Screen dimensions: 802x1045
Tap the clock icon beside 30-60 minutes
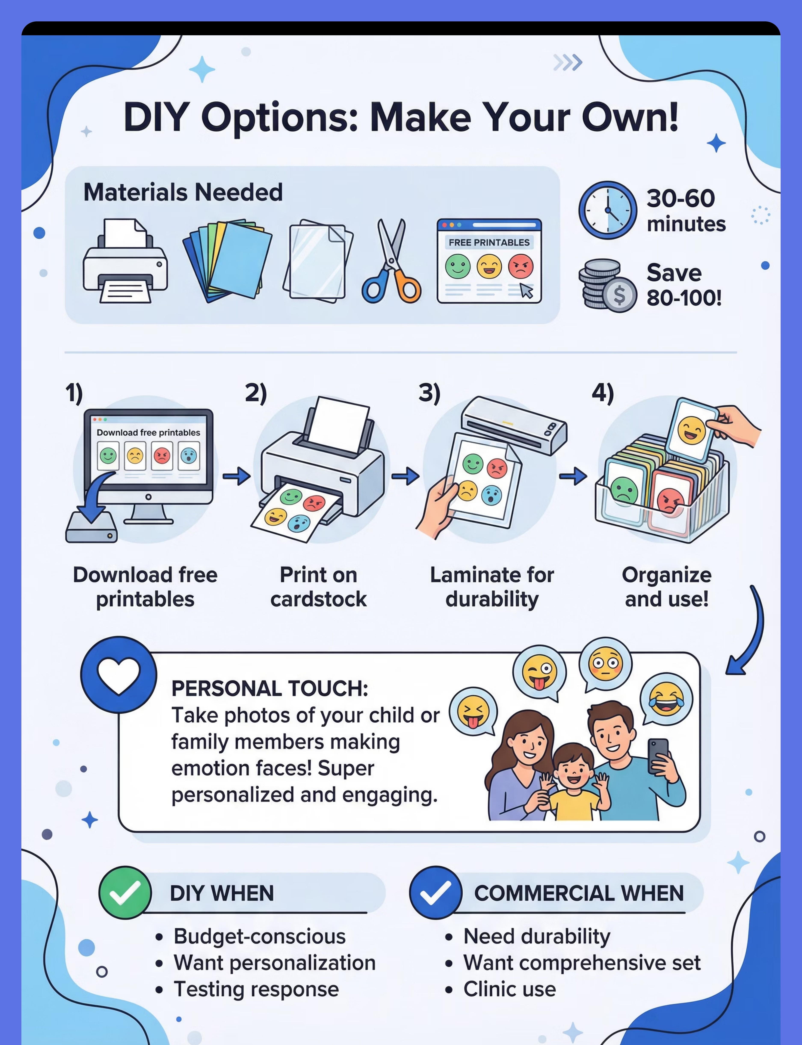[x=607, y=210]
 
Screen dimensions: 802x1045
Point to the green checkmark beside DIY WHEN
[x=125, y=892]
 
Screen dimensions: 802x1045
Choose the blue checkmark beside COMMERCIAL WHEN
[x=435, y=892]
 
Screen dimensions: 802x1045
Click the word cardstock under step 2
[x=318, y=599]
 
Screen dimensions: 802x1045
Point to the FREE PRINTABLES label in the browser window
[x=489, y=242]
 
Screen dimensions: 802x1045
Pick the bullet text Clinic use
[x=509, y=989]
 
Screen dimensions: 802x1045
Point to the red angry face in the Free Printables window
[x=520, y=266]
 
